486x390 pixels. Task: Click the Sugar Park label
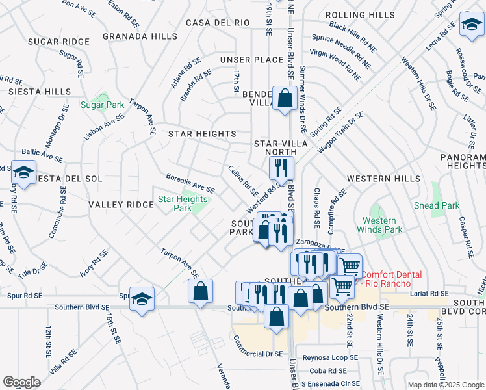tap(102, 105)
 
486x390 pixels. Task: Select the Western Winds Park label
tap(379, 225)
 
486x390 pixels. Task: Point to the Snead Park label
tap(437, 205)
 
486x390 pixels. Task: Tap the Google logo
tap(21, 382)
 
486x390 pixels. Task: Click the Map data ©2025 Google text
tap(445, 385)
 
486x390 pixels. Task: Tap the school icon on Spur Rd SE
tap(142, 299)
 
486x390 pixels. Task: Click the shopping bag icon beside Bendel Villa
tap(285, 99)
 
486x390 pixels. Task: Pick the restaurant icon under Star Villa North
tap(281, 168)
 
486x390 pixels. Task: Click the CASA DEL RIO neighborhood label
tap(218, 23)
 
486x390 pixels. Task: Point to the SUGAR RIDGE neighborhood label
tap(58, 42)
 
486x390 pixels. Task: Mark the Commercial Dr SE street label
tap(258, 347)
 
